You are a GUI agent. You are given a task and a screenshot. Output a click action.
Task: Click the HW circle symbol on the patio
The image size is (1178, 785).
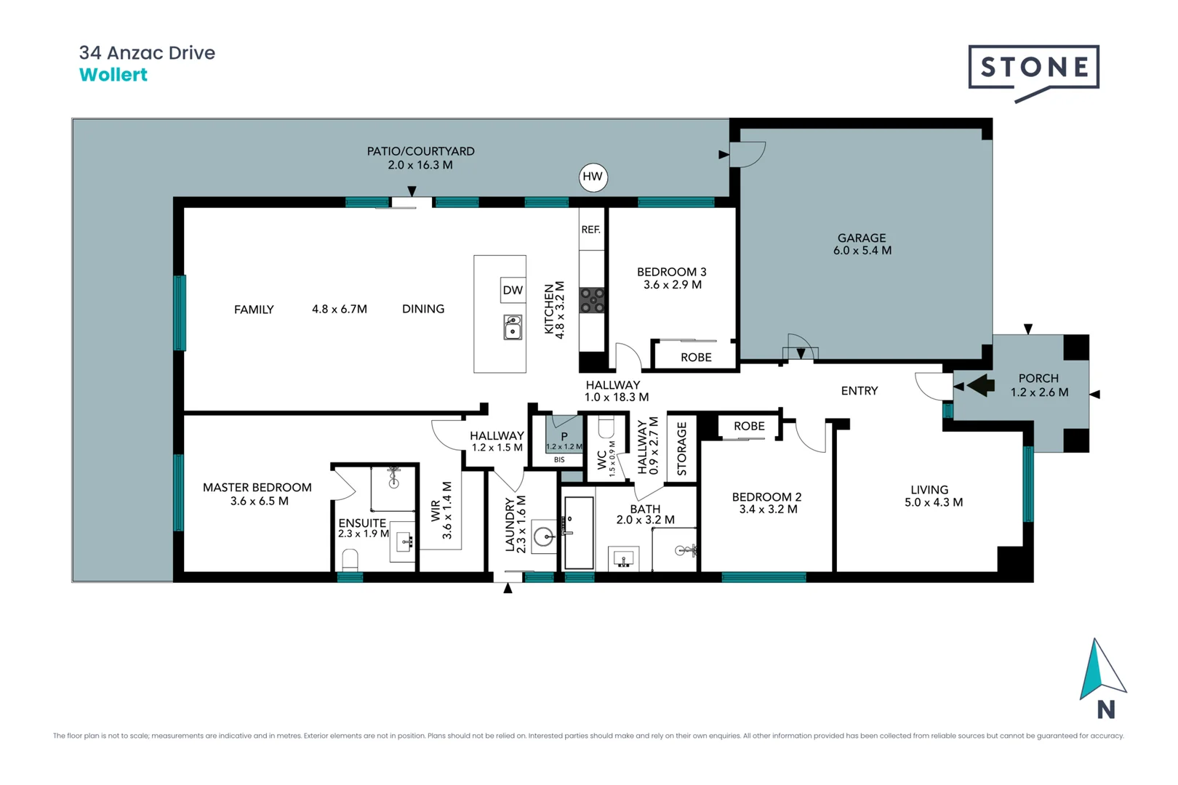point(593,177)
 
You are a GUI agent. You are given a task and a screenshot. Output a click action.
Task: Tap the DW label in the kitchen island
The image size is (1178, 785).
point(513,290)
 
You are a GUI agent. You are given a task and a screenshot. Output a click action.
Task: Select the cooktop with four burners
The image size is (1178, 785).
point(592,300)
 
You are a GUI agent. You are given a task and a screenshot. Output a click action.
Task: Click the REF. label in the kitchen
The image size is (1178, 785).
point(590,230)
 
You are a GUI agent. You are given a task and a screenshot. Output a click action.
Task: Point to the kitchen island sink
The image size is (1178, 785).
point(513,327)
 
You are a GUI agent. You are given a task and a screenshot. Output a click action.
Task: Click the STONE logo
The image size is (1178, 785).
point(1033,68)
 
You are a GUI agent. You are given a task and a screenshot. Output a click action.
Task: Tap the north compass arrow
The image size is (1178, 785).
point(1100,669)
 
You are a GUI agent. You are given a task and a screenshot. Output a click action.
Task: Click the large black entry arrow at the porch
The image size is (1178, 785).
point(979,385)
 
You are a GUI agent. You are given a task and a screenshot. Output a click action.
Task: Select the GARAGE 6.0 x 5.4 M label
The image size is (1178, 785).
point(862,244)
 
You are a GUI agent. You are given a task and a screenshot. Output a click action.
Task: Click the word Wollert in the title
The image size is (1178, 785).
point(113,75)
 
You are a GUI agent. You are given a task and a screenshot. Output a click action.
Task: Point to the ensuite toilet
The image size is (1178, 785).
point(350,560)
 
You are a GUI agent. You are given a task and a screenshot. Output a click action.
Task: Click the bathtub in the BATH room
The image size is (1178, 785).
point(579,533)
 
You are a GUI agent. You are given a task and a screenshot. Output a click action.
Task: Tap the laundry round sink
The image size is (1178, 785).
point(543,536)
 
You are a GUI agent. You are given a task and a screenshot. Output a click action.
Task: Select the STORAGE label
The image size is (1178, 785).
point(681,449)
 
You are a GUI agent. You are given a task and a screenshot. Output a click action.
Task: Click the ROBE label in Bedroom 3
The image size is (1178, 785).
point(696,358)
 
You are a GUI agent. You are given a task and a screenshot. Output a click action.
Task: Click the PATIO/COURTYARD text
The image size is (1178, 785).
point(420,152)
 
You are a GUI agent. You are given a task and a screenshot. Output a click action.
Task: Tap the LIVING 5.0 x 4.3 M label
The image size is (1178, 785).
point(933,496)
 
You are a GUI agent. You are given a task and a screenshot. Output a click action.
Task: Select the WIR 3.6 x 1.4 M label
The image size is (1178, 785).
point(441,510)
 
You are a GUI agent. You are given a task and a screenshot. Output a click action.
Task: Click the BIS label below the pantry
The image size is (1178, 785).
point(559,460)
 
